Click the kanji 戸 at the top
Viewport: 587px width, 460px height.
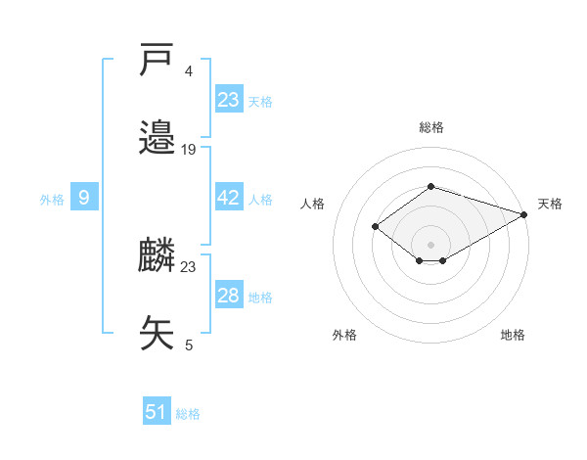158,62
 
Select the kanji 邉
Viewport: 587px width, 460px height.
158,138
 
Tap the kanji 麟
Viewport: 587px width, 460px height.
158,256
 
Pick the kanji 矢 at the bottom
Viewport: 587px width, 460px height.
158,333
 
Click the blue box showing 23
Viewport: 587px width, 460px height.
228,100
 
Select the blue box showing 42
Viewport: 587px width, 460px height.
228,198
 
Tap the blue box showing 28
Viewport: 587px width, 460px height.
228,296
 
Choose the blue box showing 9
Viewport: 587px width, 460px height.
84,198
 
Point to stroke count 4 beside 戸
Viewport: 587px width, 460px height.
189,70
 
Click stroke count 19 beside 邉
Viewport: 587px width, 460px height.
189,149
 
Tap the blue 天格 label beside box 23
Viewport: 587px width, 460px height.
260,101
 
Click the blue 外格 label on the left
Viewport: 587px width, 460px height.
52,199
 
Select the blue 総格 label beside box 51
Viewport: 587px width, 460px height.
188,413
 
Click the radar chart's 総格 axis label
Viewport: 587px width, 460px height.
430,127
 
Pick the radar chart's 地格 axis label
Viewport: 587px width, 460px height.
513,335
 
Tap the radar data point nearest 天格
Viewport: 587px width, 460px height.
524,214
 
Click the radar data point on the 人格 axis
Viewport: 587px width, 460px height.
375,227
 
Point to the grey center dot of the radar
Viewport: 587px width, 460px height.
430,244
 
